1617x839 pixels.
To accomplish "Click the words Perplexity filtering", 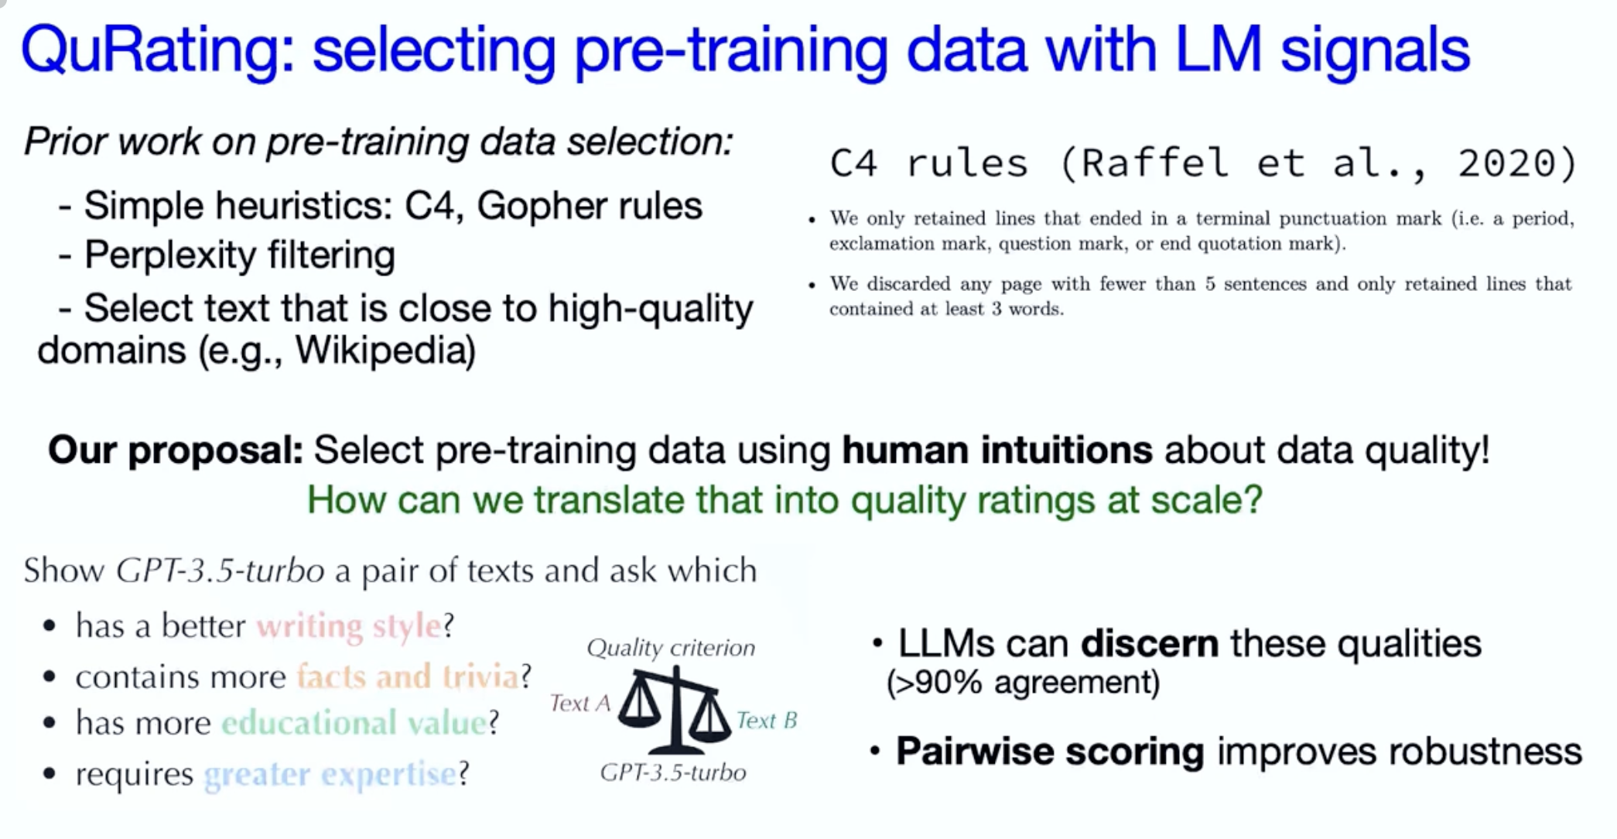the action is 240,255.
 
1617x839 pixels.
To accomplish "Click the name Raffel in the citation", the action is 1154,164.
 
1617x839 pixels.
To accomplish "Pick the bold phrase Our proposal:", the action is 176,450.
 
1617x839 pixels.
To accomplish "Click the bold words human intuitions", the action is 997,450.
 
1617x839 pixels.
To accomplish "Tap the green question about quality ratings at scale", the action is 785,500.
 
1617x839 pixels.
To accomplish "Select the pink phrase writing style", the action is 349,625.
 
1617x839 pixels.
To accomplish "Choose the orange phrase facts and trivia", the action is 408,676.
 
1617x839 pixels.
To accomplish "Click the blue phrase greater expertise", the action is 330,774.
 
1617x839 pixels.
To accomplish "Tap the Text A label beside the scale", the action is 580,703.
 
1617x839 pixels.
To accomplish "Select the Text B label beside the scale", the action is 767,721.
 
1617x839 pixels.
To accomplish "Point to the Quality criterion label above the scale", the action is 671,648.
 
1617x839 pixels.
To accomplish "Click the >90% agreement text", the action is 1023,683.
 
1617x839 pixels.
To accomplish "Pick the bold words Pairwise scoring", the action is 1050,752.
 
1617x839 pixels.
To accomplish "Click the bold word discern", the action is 1150,644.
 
